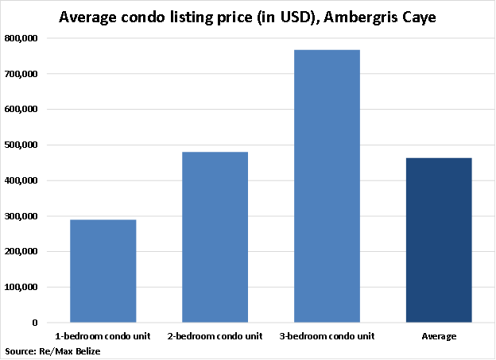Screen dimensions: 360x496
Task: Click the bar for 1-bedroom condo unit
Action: pos(103,271)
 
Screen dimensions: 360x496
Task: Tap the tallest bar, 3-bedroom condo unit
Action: pos(327,186)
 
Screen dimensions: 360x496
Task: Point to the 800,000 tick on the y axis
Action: pos(23,38)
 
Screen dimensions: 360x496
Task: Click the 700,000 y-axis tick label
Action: pos(23,74)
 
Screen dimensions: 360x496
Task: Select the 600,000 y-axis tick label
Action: pos(23,110)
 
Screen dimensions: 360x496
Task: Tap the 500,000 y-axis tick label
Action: pos(23,145)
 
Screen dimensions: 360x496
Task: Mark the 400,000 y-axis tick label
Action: pos(23,180)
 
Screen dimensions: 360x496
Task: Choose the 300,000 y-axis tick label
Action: pos(23,216)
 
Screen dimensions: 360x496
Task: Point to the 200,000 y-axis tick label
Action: pos(23,251)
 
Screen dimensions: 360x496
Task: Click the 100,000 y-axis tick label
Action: pos(23,287)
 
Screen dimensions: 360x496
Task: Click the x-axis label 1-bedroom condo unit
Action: pos(103,336)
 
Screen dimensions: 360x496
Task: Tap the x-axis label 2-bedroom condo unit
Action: pos(215,336)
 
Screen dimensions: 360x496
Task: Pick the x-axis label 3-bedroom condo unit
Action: pos(327,336)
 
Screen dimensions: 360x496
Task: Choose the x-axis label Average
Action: pos(439,336)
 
